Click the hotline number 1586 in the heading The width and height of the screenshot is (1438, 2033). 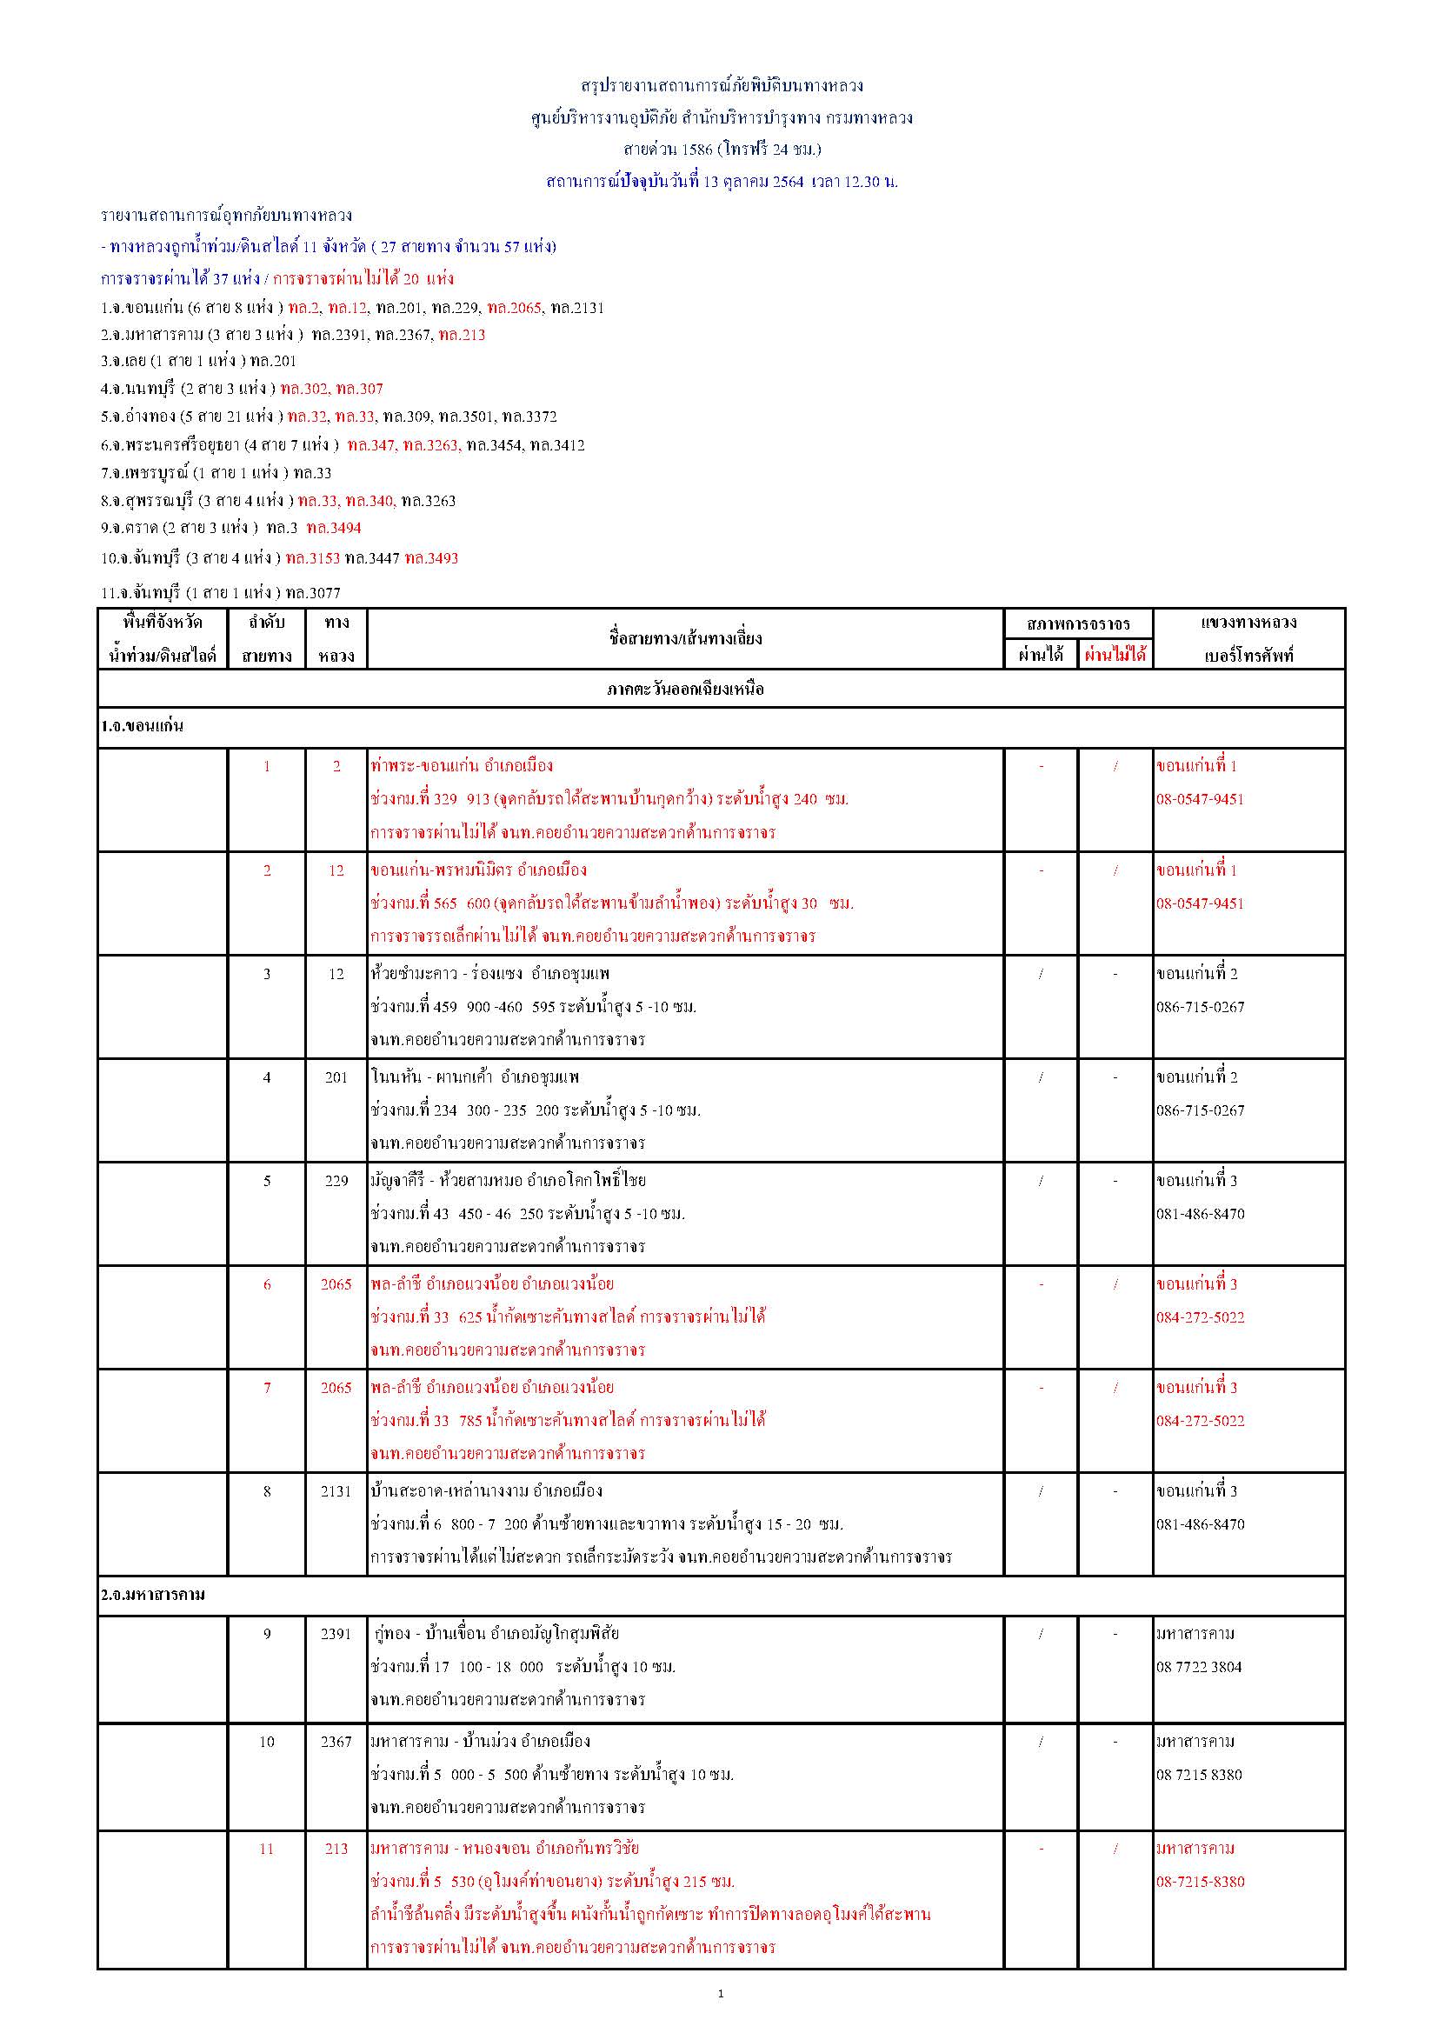pyautogui.click(x=697, y=150)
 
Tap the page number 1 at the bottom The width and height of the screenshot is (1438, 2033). pyautogui.click(x=720, y=1993)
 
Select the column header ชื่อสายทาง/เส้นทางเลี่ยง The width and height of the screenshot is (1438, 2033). pyautogui.click(x=685, y=638)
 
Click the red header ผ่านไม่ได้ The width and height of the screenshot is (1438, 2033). pyautogui.click(x=1115, y=656)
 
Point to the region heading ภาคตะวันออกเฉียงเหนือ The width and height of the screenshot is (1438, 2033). pyautogui.click(x=685, y=689)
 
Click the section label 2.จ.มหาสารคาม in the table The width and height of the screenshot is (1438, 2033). pyautogui.click(x=152, y=1595)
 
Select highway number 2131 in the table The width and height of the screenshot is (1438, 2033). pyautogui.click(x=336, y=1491)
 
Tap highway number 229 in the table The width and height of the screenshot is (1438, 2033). pyautogui.click(x=336, y=1180)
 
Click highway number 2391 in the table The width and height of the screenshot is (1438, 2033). pyautogui.click(x=336, y=1634)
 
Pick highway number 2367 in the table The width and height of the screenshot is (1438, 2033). pyautogui.click(x=336, y=1742)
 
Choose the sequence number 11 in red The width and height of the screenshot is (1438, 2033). pyautogui.click(x=267, y=1849)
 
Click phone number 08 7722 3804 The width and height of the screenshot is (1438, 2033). pyautogui.click(x=1199, y=1666)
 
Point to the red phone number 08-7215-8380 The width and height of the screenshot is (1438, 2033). pyautogui.click(x=1200, y=1882)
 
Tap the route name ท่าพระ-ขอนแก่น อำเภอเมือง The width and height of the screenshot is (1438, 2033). pyautogui.click(x=462, y=766)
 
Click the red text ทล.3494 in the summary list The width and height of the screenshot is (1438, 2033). pyautogui.click(x=334, y=529)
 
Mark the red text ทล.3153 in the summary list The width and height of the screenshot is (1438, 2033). pyautogui.click(x=313, y=559)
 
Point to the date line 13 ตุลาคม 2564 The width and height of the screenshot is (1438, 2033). pyautogui.click(x=722, y=183)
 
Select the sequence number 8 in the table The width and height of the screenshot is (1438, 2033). pyautogui.click(x=267, y=1491)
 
